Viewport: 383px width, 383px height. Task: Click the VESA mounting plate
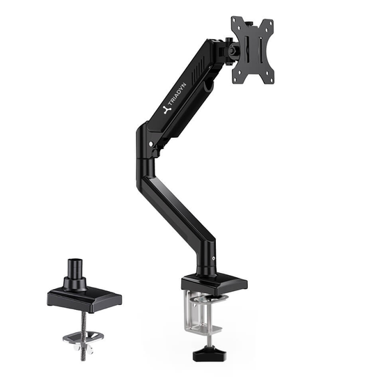pyautogui.click(x=252, y=49)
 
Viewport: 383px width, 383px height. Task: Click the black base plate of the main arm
pyautogui.click(x=214, y=284)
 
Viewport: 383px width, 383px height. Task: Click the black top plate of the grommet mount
pyautogui.click(x=84, y=299)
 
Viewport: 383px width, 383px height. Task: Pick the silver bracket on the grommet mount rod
pyautogui.click(x=83, y=337)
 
